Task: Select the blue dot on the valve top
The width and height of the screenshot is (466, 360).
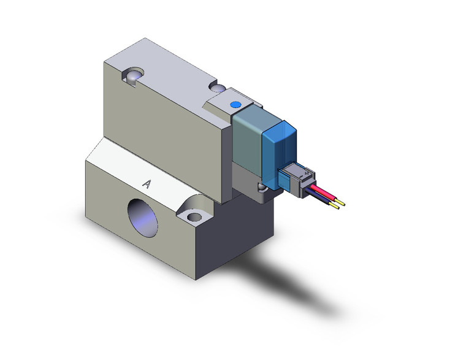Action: [234, 106]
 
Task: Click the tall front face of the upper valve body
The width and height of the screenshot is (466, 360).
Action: [166, 141]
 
